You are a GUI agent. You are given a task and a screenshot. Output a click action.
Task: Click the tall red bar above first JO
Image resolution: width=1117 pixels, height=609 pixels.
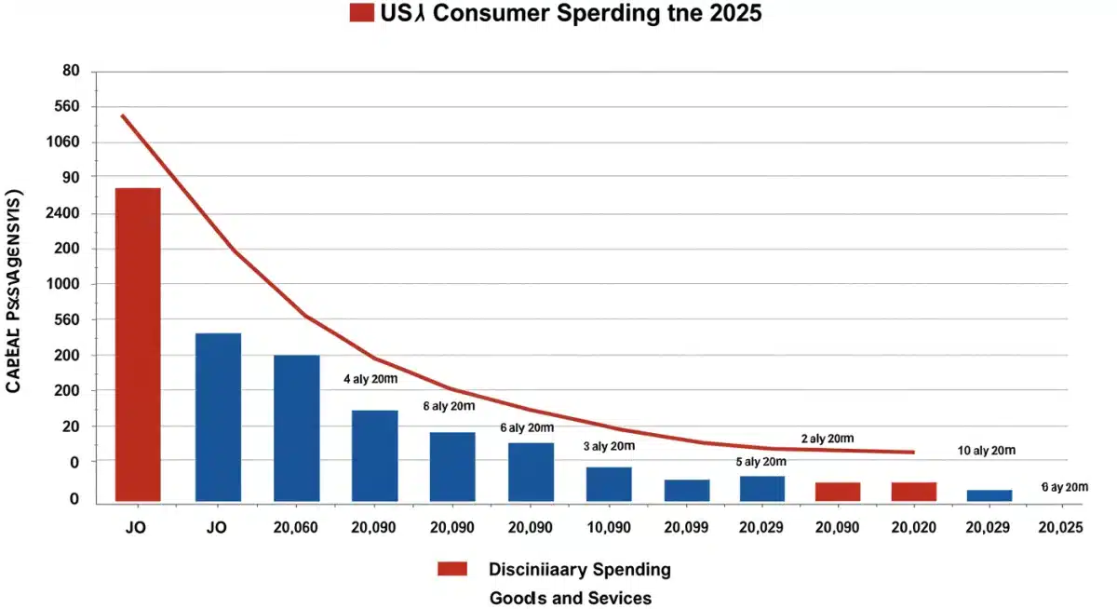(x=138, y=345)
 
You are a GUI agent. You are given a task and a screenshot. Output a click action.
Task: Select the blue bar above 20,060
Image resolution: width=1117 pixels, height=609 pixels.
(x=296, y=427)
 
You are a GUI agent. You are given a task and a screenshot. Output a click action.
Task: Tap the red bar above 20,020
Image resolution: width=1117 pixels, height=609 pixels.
(x=913, y=491)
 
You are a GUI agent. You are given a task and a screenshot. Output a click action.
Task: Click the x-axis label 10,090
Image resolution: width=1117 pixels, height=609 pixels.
(x=608, y=527)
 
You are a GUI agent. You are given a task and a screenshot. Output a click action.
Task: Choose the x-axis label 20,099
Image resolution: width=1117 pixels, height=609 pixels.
(x=687, y=527)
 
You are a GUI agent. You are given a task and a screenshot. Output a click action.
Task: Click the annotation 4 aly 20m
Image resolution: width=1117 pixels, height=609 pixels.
(x=370, y=379)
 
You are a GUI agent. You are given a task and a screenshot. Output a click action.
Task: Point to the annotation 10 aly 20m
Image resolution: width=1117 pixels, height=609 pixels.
(x=986, y=451)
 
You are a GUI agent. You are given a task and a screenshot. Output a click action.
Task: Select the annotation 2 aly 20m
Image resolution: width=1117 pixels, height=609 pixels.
(x=827, y=439)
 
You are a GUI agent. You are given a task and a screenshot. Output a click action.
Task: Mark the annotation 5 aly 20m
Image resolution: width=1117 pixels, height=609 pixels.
(x=761, y=462)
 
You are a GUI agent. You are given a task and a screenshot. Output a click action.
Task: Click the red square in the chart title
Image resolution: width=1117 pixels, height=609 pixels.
(x=361, y=13)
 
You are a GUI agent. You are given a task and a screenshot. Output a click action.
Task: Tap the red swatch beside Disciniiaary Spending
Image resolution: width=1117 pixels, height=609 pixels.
(x=451, y=569)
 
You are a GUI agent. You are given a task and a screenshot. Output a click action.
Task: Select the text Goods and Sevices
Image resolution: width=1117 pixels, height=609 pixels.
(x=570, y=598)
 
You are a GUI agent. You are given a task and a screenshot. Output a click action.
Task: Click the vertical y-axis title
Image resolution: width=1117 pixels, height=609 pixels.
(x=15, y=292)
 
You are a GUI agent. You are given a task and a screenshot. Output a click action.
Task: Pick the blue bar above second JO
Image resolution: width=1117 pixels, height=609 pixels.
(x=218, y=416)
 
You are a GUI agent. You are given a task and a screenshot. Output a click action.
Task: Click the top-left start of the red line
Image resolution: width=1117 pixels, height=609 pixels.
(x=123, y=115)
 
